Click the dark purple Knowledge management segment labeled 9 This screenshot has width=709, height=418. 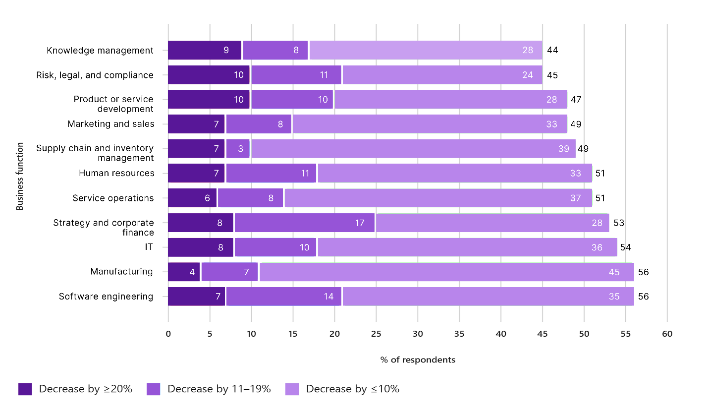pyautogui.click(x=205, y=50)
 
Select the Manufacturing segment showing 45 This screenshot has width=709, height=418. pyautogui.click(x=446, y=272)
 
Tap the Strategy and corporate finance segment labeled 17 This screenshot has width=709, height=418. pyautogui.click(x=305, y=223)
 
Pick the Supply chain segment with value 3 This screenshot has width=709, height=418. pyautogui.click(x=238, y=149)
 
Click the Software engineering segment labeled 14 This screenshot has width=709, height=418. pyautogui.click(x=284, y=297)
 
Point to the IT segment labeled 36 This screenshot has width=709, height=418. pyautogui.click(x=467, y=247)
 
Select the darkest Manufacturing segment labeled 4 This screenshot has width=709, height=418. pyautogui.click(x=184, y=272)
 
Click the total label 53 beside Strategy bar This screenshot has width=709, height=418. pyautogui.click(x=619, y=223)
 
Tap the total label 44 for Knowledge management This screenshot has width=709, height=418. pyautogui.click(x=552, y=50)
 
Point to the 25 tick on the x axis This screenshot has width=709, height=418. pyautogui.click(x=376, y=334)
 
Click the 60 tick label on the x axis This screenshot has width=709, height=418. pyautogui.click(x=667, y=334)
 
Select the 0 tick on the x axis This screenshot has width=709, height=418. pyautogui.click(x=168, y=334)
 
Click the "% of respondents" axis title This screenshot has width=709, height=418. pyautogui.click(x=418, y=360)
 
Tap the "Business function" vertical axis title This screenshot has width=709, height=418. pyautogui.click(x=20, y=176)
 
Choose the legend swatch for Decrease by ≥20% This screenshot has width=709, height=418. pyautogui.click(x=25, y=389)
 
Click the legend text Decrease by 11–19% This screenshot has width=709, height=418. pyautogui.click(x=219, y=389)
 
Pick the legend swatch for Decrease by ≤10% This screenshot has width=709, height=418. pyautogui.click(x=292, y=389)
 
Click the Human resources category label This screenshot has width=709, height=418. pyautogui.click(x=116, y=173)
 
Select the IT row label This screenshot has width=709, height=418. pyautogui.click(x=149, y=247)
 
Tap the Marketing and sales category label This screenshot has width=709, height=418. pyautogui.click(x=111, y=124)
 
